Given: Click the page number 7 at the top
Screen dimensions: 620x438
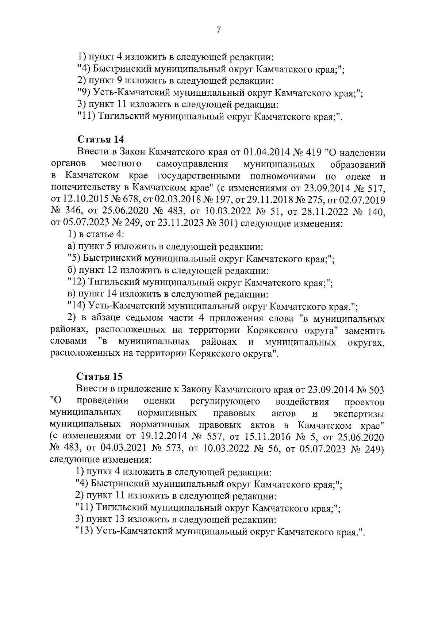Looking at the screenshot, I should [218, 30].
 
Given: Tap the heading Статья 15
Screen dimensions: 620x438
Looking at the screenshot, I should [101, 376].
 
